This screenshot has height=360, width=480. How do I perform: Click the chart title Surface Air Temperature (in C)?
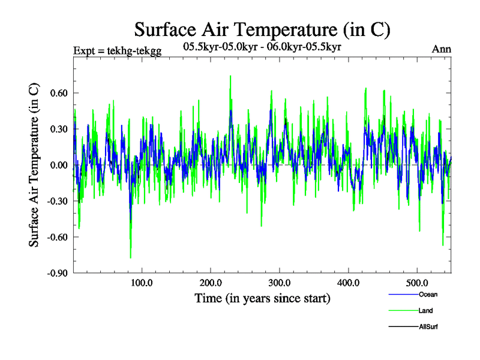coord(263,28)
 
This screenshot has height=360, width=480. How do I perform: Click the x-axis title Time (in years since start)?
coord(262,298)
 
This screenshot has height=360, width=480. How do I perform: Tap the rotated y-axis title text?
coord(35,166)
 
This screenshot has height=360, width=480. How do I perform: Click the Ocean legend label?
coord(428,295)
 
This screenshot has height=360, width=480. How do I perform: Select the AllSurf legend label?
coord(429,327)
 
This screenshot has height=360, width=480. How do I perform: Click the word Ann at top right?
coord(442,49)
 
